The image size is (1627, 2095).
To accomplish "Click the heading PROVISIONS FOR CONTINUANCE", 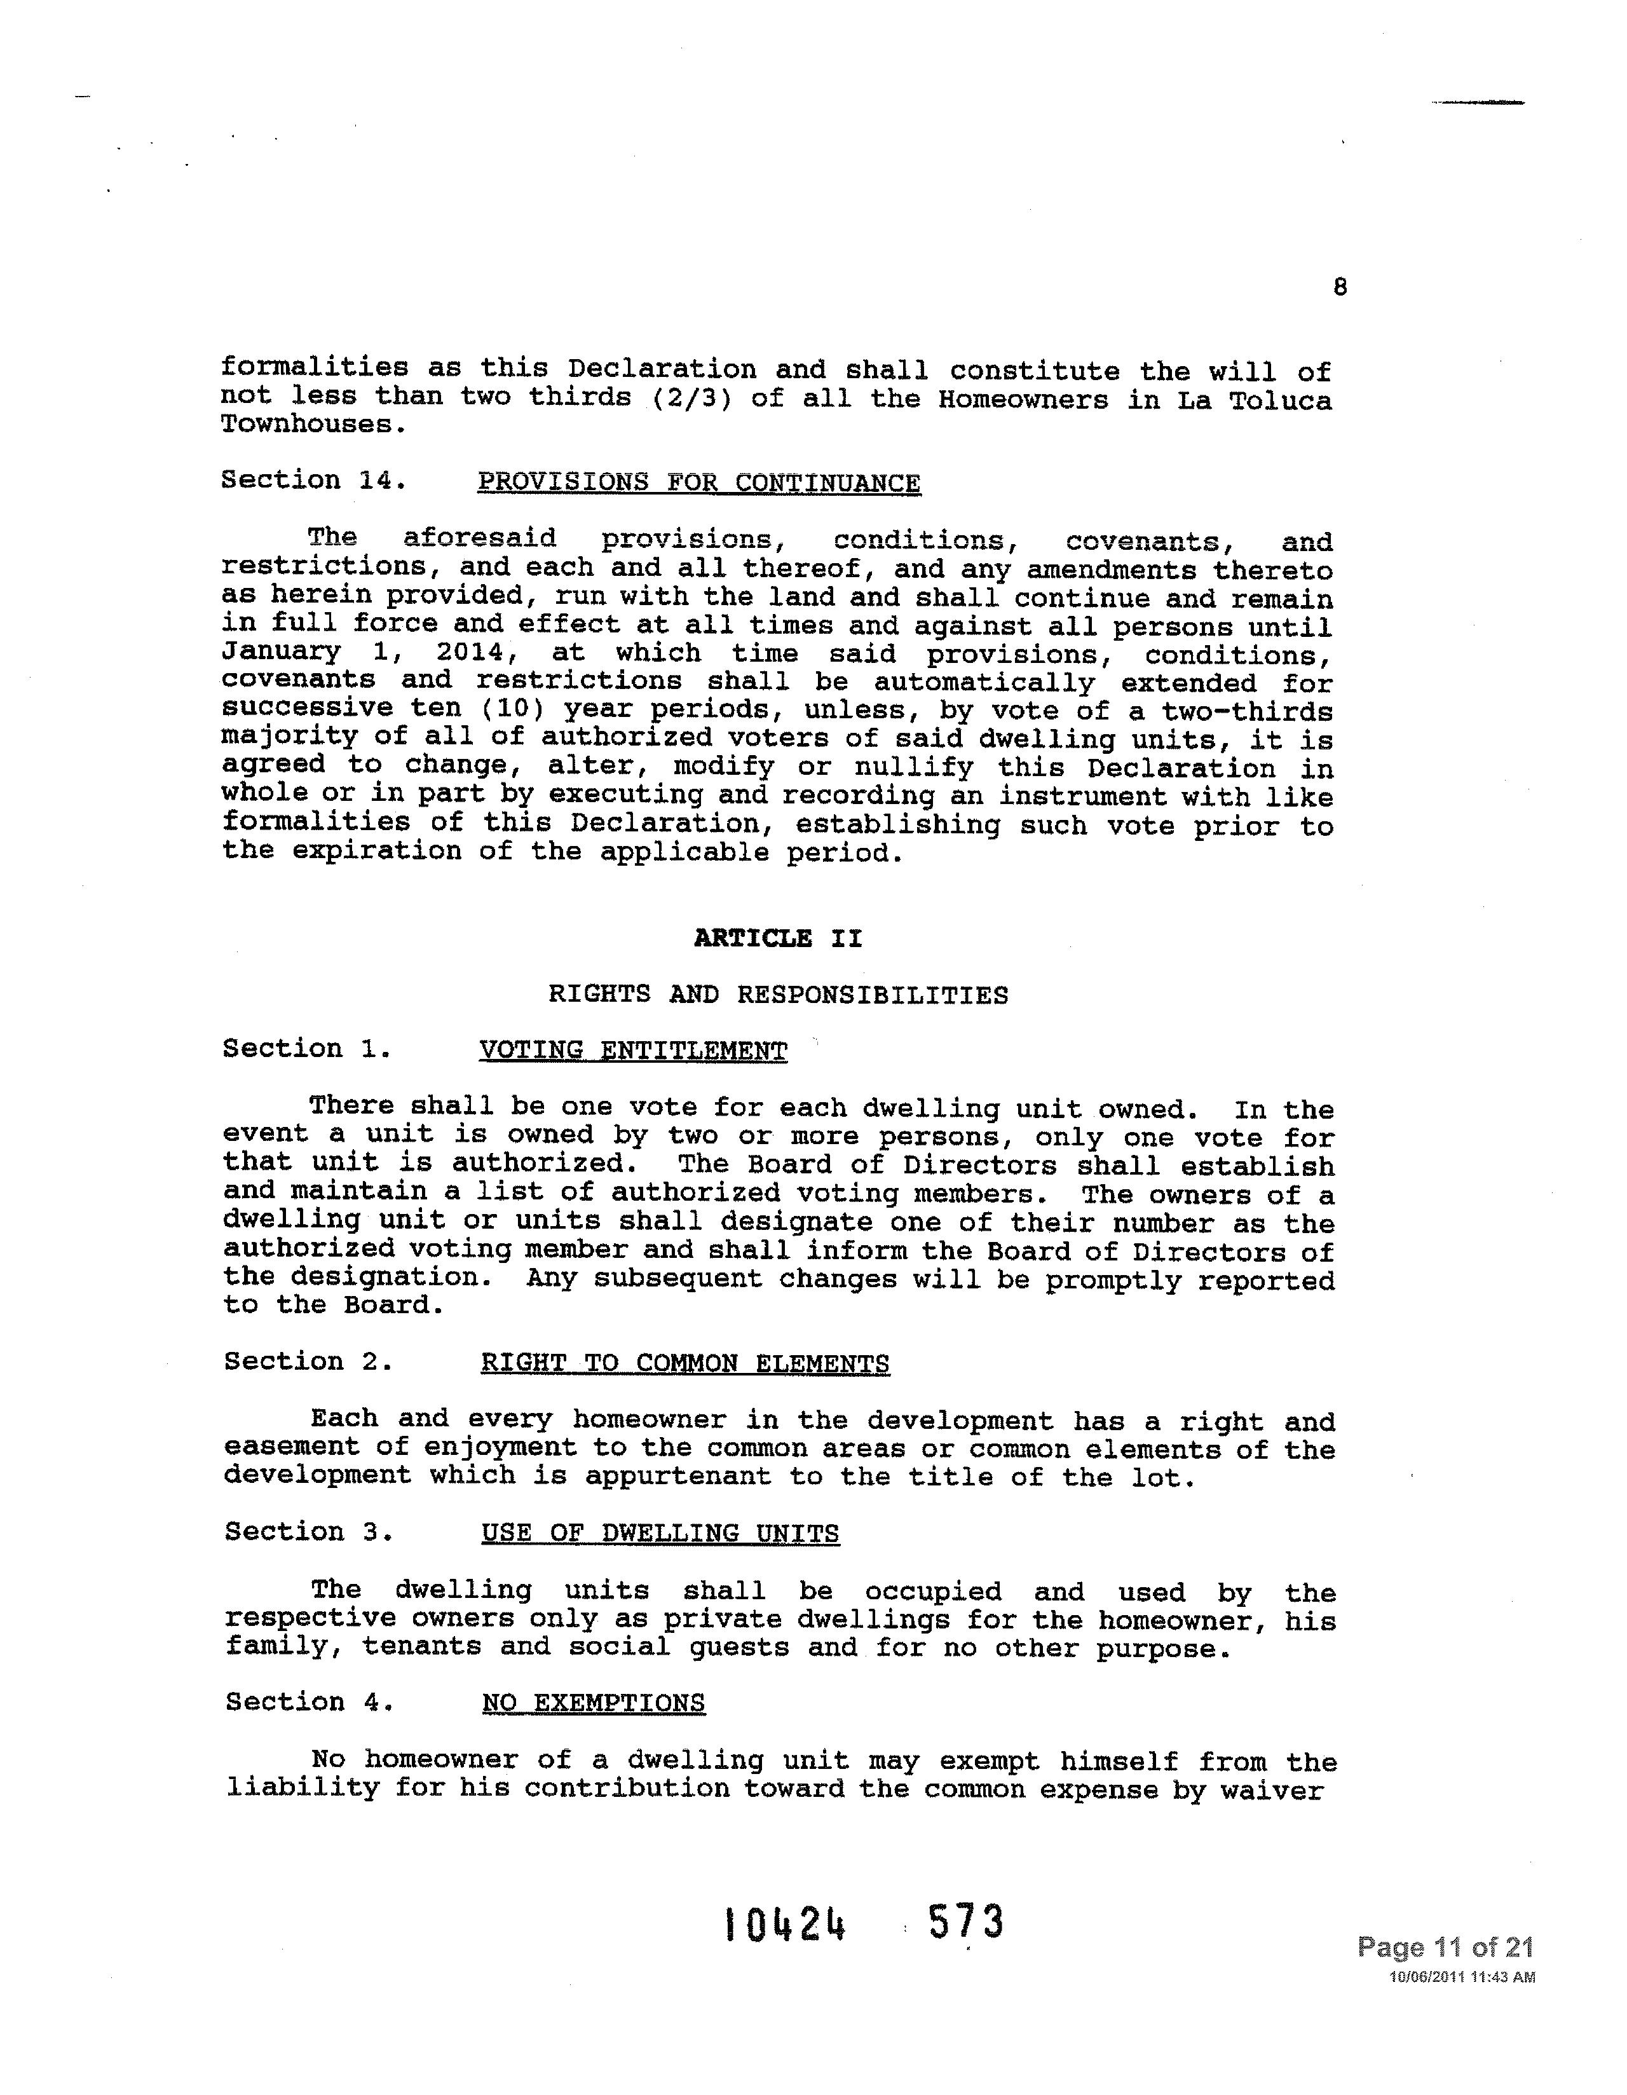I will [x=698, y=482].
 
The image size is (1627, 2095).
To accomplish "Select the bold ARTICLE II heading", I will [x=778, y=938].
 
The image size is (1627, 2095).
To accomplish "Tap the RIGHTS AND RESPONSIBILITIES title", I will [x=778, y=995].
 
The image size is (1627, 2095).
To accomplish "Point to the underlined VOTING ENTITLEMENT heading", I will [x=633, y=1051].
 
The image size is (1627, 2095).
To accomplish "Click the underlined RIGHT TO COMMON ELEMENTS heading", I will [x=685, y=1363].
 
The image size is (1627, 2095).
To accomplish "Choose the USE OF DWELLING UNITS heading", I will [x=660, y=1533].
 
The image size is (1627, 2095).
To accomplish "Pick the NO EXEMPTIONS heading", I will [x=593, y=1703].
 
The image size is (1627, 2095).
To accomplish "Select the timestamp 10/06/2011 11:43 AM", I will [x=1462, y=1977].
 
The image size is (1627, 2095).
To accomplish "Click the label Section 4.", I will [x=309, y=1702].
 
